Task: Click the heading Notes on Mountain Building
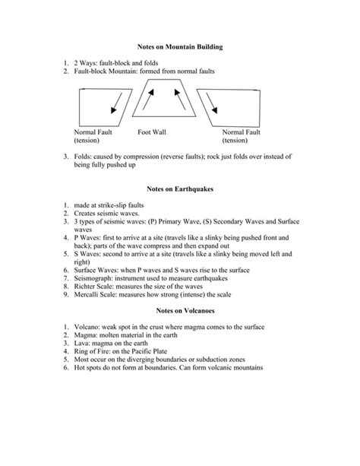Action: coord(180,47)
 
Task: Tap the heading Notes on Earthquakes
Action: coord(180,189)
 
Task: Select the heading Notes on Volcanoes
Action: coord(185,311)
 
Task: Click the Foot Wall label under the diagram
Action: coord(152,132)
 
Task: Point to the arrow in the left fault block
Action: coord(116,103)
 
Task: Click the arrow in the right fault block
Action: coord(212,103)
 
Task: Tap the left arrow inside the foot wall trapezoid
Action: coord(148,100)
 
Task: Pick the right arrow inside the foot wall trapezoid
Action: coord(180,100)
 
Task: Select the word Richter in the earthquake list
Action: coord(83,287)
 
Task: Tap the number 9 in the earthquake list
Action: coord(65,294)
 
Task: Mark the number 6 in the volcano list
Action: coord(65,368)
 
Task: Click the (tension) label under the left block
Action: coord(87,141)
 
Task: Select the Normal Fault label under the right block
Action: coord(242,132)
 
